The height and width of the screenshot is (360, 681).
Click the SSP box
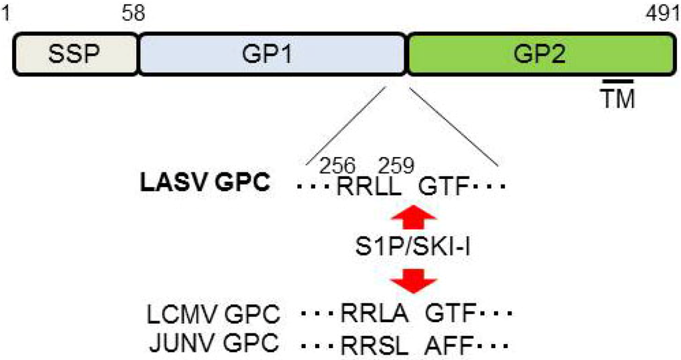tap(74, 53)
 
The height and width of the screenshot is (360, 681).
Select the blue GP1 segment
tap(272, 53)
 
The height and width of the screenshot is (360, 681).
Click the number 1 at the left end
tap(7, 13)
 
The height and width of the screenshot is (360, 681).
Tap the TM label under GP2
tap(618, 99)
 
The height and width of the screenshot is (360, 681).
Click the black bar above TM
tap(618, 81)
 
